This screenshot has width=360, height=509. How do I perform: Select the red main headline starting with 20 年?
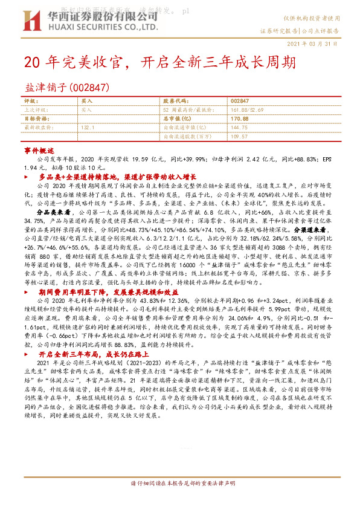point(160,62)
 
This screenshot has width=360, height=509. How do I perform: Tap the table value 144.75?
point(239,128)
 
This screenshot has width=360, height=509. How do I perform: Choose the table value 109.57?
point(239,137)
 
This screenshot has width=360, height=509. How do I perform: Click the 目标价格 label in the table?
point(34,119)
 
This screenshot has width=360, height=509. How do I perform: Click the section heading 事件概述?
point(39,150)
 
